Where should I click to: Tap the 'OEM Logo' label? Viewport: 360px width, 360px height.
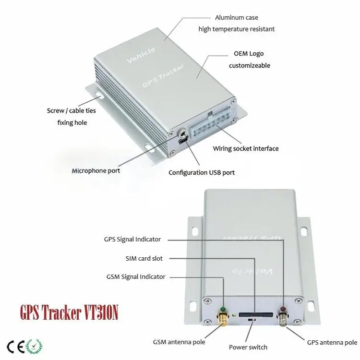coord(249,54)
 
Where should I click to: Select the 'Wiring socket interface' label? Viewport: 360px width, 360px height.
coord(245,148)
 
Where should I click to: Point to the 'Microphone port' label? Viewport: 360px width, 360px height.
coord(96,170)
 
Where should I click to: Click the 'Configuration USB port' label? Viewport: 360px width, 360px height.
coord(202,173)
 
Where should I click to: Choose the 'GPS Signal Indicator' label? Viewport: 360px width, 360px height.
coord(132,239)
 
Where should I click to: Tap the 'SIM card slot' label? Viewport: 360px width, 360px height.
coord(144,258)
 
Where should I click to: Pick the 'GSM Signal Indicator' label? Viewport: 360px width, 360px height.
coord(136,276)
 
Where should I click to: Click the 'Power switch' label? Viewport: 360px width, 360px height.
coord(248,347)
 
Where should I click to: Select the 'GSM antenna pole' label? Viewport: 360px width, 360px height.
coord(179,342)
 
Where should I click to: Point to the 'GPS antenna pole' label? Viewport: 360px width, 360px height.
coord(332,342)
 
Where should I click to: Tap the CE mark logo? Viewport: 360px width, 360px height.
coord(15,346)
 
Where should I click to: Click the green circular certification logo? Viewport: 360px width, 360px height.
coord(35,346)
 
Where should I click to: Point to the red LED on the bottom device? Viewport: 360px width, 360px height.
coord(283,310)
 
